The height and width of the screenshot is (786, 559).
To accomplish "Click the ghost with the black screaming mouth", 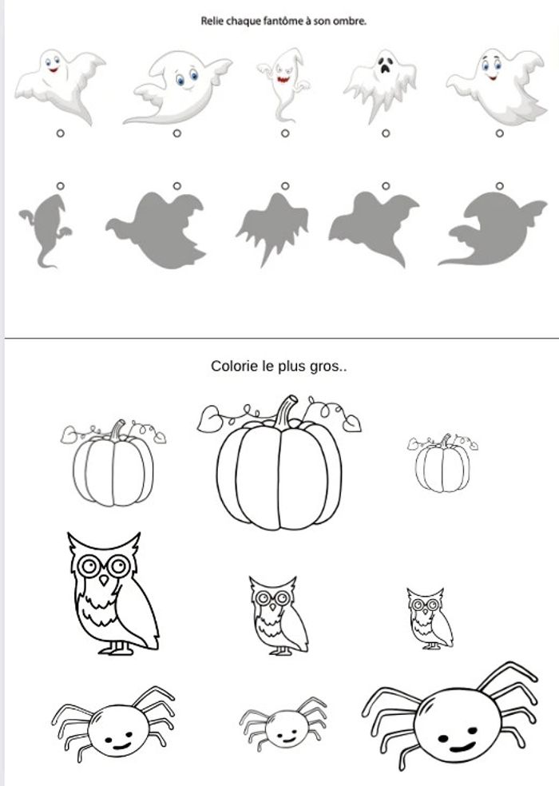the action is pos(380,85).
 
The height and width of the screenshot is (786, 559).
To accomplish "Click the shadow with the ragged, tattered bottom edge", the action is pos(272,229).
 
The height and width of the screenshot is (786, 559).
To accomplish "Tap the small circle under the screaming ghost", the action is pos(386,133).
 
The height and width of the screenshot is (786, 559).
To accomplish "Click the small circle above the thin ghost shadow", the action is pos(60,186).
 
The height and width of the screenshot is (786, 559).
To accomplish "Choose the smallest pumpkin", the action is pos(442,464).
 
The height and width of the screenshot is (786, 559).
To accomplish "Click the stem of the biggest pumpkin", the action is pos(287,411).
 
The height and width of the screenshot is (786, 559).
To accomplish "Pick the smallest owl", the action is pos(429,618).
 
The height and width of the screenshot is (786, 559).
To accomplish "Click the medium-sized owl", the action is pos(278,616).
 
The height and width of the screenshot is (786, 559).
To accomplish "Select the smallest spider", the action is pos(283,724).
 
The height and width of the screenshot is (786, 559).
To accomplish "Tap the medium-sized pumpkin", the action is pos(113,464).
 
